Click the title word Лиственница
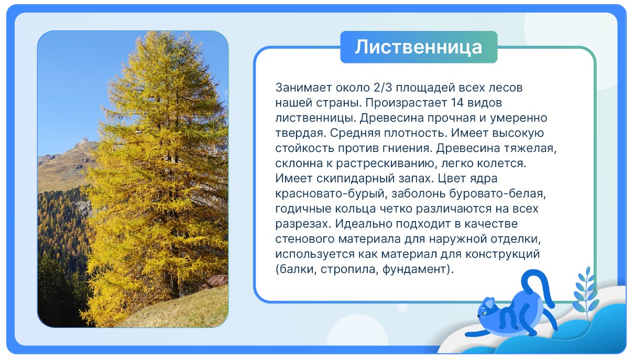pyautogui.click(x=419, y=47)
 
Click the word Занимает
pyautogui.click(x=303, y=88)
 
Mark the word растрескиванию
pyautogui.click(x=385, y=163)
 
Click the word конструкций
pyautogui.click(x=503, y=254)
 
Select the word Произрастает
pyautogui.click(x=406, y=103)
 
